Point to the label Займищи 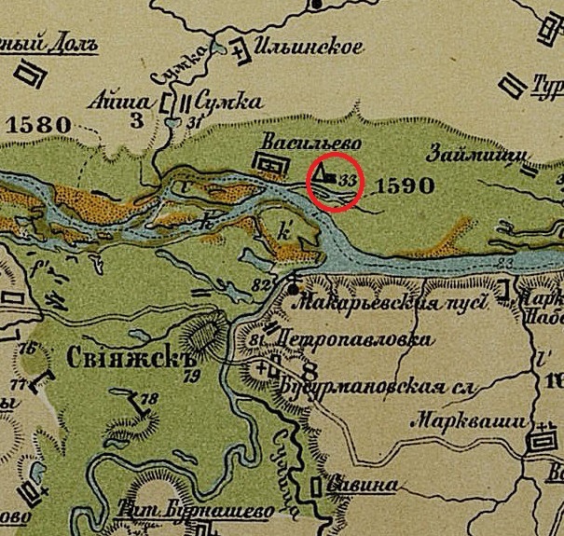tap(473, 155)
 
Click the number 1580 tap(39, 124)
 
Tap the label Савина tap(362, 486)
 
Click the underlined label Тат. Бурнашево tap(199, 512)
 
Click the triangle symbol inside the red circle tap(322, 173)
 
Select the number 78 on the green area tap(150, 399)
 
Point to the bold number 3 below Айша tap(137, 119)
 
